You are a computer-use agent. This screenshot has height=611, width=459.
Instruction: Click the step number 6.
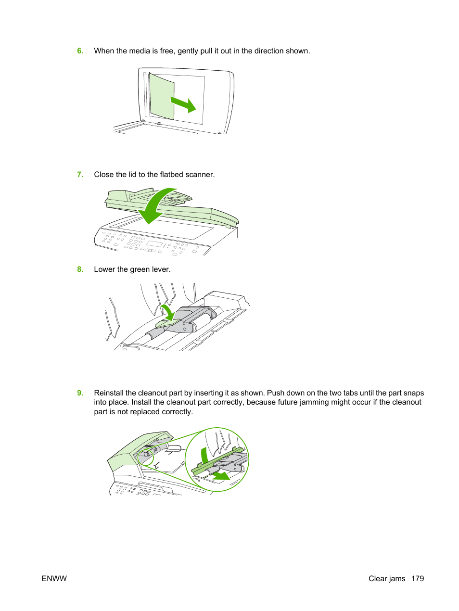tap(80, 51)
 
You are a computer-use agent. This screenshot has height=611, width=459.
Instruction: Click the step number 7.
tap(80, 175)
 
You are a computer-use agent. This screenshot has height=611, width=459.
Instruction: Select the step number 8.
tap(80, 269)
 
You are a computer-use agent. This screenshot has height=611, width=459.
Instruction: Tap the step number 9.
tap(80, 393)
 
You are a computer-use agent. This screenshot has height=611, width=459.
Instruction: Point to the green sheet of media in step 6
tap(162, 96)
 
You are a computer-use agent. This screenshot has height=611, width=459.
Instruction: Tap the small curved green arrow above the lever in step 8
tap(167, 312)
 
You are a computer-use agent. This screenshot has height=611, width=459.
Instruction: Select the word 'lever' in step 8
tap(160, 269)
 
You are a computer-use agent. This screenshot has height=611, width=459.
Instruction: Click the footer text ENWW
tap(54, 579)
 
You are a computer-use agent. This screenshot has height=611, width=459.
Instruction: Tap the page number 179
tap(418, 579)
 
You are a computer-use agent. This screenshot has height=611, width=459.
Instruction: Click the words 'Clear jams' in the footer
tap(387, 579)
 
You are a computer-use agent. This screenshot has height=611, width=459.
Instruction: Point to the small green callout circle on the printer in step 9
tap(145, 457)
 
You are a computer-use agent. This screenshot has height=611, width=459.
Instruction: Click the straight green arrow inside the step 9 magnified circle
tap(221, 476)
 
